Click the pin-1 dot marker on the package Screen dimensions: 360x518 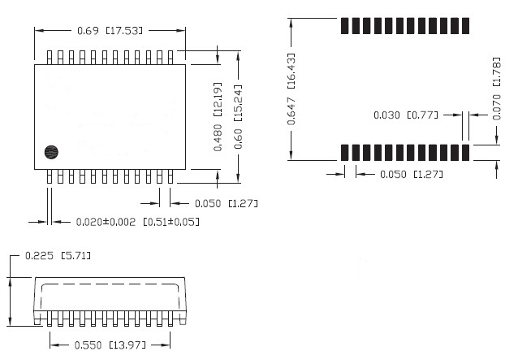(50, 151)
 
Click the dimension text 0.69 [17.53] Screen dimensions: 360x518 (110, 31)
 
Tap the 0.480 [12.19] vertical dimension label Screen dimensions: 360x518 (218, 116)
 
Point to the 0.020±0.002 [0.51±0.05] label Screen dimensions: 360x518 (137, 221)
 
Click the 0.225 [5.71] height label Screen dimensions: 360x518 (58, 256)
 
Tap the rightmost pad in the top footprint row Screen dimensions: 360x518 (466, 24)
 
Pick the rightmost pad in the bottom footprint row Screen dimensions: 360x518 (466, 152)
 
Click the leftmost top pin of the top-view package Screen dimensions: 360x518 (50, 57)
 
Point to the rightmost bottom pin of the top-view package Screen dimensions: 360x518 (171, 176)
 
